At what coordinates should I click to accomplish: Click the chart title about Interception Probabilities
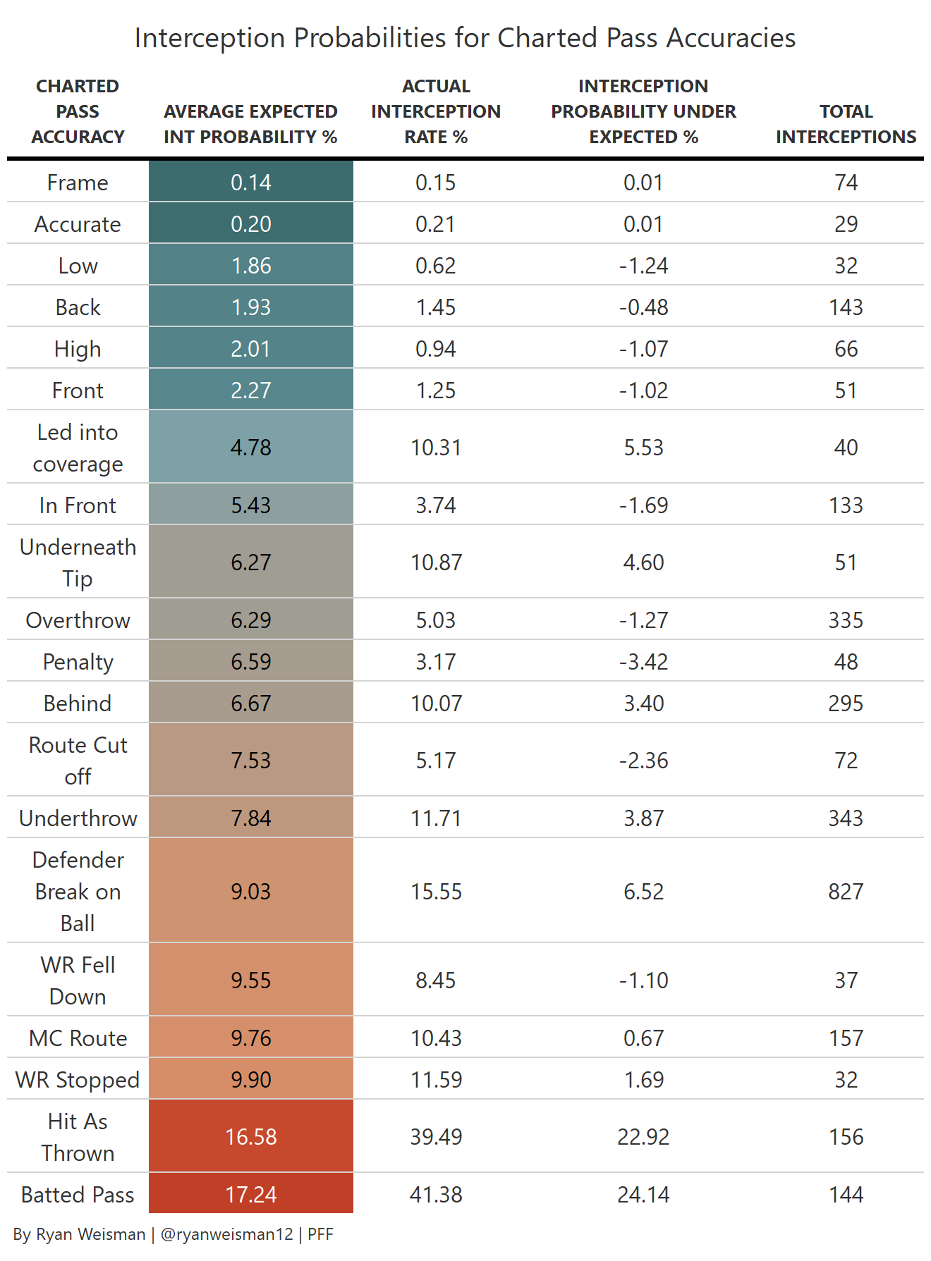pos(465,38)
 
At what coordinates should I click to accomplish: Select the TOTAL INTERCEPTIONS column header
pos(846,124)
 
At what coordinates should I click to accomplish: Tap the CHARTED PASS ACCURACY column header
pos(78,111)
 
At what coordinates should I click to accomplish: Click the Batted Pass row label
pos(78,1194)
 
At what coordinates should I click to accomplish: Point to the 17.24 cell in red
pos(251,1194)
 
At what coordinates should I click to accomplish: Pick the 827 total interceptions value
pos(846,891)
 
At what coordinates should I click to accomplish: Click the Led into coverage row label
pos(78,448)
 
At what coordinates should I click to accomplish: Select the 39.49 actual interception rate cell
pos(436,1136)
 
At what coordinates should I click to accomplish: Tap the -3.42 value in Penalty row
pos(643,661)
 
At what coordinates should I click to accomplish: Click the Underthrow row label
pos(78,818)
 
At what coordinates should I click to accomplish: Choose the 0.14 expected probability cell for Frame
pos(251,183)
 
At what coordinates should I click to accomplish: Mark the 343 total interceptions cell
pos(846,818)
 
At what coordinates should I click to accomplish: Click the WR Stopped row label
pos(78,1079)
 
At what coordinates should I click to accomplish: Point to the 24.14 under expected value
pos(643,1194)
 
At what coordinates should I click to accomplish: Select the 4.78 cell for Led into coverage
pos(251,448)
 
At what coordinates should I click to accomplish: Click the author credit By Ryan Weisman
pos(79,1234)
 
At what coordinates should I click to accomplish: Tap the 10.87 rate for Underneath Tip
pos(436,562)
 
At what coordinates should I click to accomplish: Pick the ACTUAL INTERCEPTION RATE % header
pos(436,111)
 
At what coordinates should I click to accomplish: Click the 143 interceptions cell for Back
pos(846,307)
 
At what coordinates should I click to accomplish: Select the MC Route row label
pos(78,1038)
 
